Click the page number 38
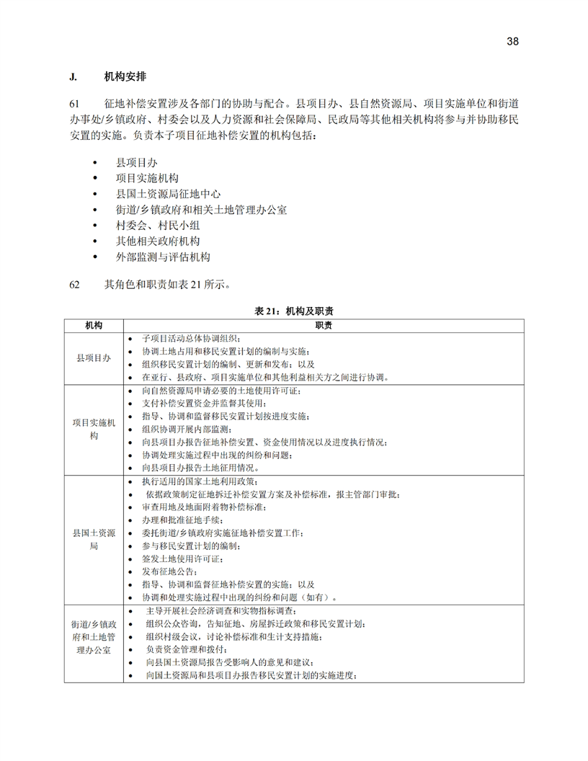(x=512, y=41)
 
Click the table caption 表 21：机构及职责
(x=294, y=311)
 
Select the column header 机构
(x=94, y=325)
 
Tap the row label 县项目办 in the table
(x=94, y=357)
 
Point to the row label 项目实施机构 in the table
(x=94, y=429)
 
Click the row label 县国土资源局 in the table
(x=94, y=540)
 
